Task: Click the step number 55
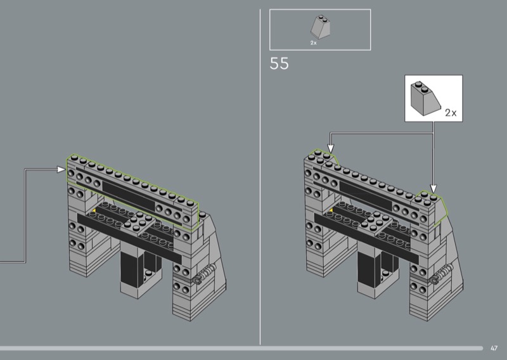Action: coord(279,63)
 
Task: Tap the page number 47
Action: coord(494,349)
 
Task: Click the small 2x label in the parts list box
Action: coord(313,42)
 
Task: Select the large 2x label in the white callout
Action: coord(451,113)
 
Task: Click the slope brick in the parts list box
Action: coord(321,27)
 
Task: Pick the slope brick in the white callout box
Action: coord(425,99)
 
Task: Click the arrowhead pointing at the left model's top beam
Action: coord(61,169)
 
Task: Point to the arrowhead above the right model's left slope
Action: coord(330,148)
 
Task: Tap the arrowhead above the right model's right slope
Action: coord(433,189)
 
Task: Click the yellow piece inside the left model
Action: coord(94,210)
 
